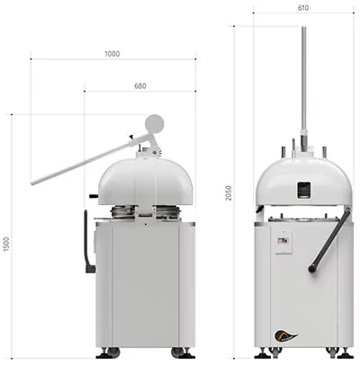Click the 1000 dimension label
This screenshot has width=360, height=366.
point(112,54)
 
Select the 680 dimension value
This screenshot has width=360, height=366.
point(140,86)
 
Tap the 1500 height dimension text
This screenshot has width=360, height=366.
point(6,245)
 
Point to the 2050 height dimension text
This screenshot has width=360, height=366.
point(229,193)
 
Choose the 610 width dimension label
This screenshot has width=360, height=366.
point(303,8)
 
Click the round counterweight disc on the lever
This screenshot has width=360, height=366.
point(155,123)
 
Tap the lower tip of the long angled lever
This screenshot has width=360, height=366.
point(32,183)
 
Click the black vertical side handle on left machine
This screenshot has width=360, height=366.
point(88,242)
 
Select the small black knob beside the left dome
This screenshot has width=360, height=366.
point(94,197)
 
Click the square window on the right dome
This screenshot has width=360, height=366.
point(303,191)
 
